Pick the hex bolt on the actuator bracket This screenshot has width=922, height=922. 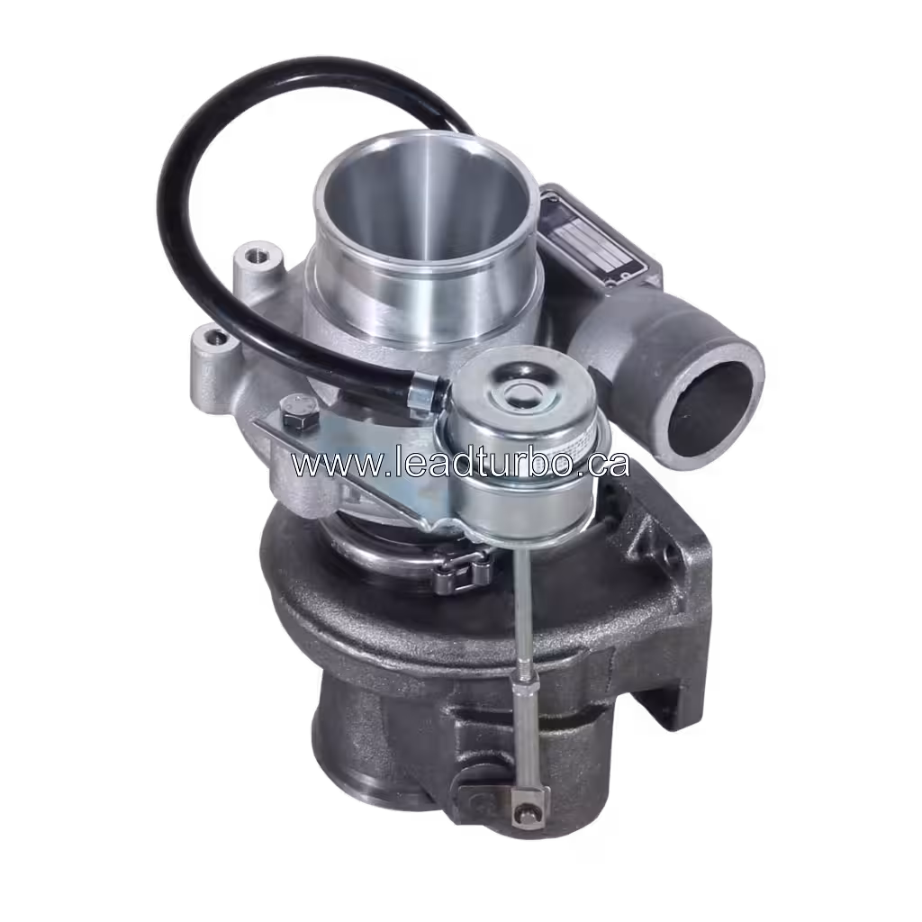click(294, 417)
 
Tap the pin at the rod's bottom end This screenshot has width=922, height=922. click(521, 816)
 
